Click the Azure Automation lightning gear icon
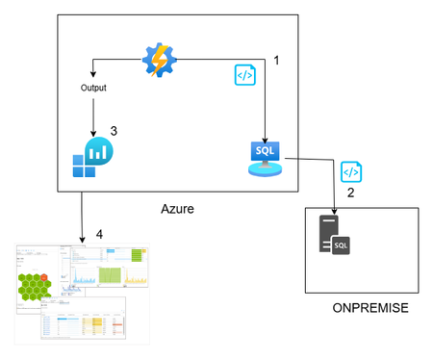click(x=159, y=60)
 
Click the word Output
click(x=93, y=89)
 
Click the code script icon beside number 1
click(x=244, y=74)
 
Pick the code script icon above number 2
click(x=351, y=171)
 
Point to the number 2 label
click(x=351, y=193)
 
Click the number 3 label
click(x=114, y=131)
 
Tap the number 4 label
click(x=98, y=234)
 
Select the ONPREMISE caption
click(x=369, y=308)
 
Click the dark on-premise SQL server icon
click(x=333, y=242)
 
